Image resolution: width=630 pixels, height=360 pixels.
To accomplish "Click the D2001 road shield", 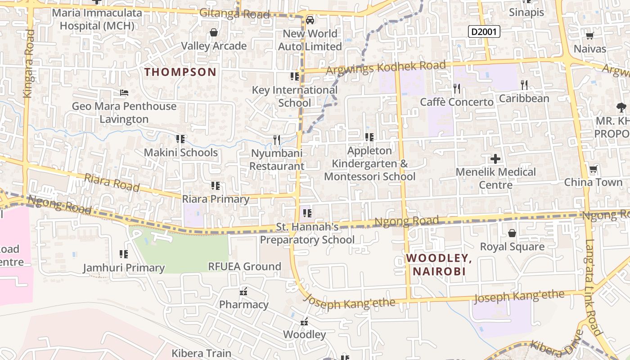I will click(484, 31).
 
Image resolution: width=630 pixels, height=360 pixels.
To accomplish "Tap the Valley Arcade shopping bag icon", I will click(214, 33).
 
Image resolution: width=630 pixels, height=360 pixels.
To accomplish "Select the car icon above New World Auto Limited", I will click(310, 20).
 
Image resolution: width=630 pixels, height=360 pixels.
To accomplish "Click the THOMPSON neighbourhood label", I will click(180, 72).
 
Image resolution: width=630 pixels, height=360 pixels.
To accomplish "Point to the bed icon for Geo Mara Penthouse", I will click(124, 93).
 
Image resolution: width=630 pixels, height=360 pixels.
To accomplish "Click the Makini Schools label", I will click(180, 153).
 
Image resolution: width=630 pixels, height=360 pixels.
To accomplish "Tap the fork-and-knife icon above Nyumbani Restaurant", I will click(277, 140).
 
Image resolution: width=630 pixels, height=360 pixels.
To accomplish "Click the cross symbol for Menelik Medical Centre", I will click(495, 159).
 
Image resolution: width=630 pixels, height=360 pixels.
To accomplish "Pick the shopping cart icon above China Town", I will click(593, 170).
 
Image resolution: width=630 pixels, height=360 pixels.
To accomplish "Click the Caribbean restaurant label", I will click(524, 98).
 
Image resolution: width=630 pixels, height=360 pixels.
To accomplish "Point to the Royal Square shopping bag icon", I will click(512, 233).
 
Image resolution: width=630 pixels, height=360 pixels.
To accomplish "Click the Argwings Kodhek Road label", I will click(386, 67).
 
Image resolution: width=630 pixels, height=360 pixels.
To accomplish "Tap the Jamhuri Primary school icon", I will click(124, 255).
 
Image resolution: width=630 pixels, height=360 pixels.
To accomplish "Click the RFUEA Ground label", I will click(244, 266).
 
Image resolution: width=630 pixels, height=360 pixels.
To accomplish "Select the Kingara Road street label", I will click(28, 63).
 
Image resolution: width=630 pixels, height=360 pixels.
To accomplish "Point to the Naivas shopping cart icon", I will click(589, 36).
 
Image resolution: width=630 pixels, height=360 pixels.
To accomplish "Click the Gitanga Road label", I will click(234, 13).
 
